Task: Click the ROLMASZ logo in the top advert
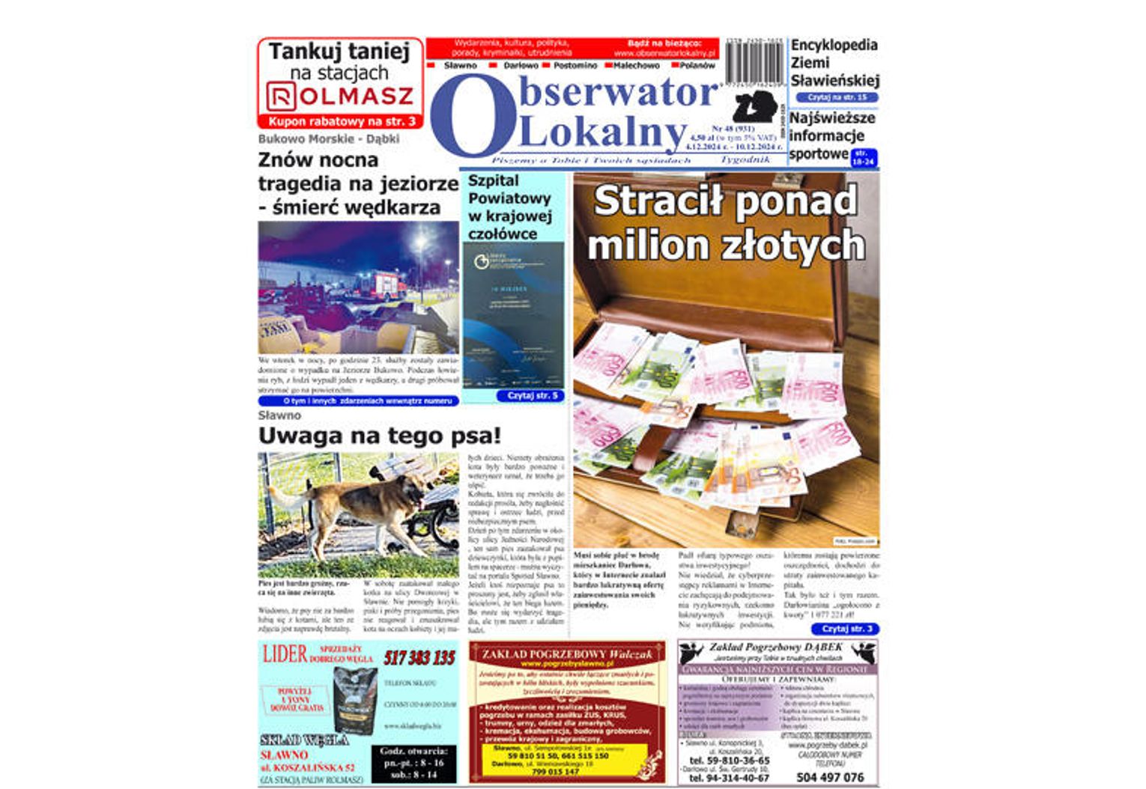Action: pos(340,97)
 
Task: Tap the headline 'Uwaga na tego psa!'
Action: pos(379,436)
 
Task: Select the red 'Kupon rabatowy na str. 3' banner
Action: pos(341,121)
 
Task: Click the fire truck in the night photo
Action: pos(383,285)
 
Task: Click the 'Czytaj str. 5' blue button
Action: pos(532,396)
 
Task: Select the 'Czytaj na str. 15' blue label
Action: pos(837,97)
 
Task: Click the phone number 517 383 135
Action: pos(419,658)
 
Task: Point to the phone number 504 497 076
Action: pos(830,777)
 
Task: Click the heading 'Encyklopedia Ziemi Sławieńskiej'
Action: pos(834,63)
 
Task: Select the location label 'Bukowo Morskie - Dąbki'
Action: pos(328,139)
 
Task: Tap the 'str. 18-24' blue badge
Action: pos(864,158)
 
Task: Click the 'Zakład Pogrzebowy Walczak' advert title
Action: pos(567,654)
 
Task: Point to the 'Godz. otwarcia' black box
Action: pos(413,763)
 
